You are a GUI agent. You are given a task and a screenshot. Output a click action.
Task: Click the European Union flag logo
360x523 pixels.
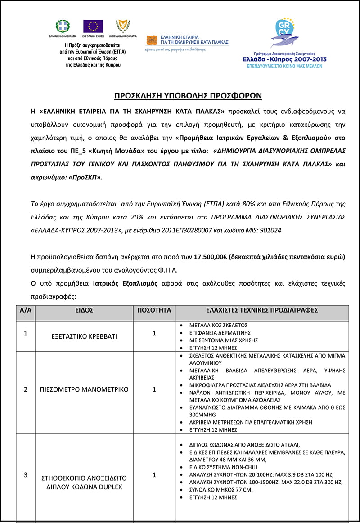point(93,26)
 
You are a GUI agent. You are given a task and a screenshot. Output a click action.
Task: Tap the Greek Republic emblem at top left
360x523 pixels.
point(63,26)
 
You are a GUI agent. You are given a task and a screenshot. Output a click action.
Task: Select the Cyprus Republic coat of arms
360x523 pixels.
point(122,26)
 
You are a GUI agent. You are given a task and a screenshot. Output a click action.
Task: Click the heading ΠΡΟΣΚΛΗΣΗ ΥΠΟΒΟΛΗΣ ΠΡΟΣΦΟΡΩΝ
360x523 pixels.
point(188,96)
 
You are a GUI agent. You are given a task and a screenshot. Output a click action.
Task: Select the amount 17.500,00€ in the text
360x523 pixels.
point(210,257)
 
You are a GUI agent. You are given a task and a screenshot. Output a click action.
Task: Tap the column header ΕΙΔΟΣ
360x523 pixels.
point(84,310)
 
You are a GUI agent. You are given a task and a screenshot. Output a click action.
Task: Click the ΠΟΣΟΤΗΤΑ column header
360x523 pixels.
point(154,310)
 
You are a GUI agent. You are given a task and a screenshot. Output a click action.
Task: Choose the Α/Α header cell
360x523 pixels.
point(25,310)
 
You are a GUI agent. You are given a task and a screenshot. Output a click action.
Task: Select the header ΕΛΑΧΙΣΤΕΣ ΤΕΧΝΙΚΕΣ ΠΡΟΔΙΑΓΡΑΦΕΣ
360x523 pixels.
point(262,310)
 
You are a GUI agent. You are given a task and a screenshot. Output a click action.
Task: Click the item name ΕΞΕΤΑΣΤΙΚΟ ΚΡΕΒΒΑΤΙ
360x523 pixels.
point(84,336)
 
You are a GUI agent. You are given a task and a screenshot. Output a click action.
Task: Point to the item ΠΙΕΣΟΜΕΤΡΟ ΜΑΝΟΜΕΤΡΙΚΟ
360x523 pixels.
point(84,389)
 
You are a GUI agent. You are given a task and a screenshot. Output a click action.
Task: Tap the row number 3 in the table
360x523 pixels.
point(25,475)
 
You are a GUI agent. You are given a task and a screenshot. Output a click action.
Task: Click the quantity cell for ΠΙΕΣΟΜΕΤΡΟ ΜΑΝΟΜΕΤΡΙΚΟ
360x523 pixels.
point(154,389)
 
